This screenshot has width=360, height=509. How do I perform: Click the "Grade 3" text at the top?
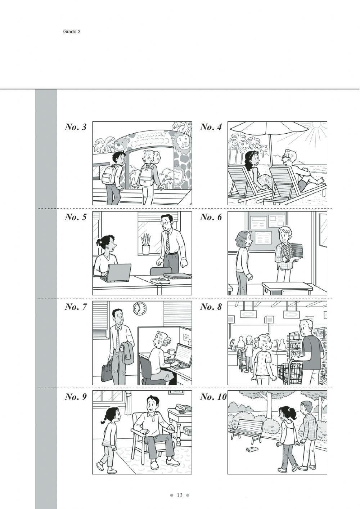(x=72, y=32)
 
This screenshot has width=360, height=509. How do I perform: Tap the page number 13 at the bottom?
(x=180, y=495)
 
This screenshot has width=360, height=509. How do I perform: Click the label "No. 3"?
(x=76, y=127)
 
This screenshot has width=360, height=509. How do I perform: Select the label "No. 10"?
(x=213, y=397)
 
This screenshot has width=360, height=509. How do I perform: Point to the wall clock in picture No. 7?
(x=140, y=308)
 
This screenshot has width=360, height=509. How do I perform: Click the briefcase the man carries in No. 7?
(x=107, y=371)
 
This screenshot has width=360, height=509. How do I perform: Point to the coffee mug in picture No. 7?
(x=170, y=351)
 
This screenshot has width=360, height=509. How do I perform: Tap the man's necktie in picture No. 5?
(x=167, y=243)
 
